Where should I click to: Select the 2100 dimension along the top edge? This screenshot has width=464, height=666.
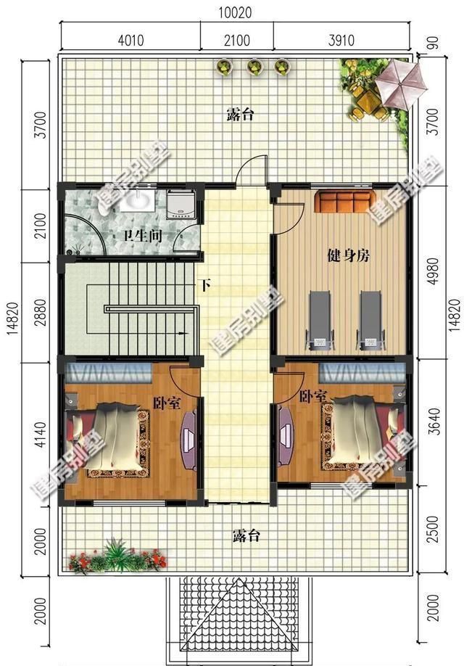237,39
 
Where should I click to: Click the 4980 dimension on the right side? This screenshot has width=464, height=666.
434,271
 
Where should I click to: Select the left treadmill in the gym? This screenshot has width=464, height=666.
320,318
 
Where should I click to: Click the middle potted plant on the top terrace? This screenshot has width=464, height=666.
254,67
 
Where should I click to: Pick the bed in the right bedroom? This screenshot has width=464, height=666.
358,432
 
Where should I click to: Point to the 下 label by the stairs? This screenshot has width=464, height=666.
205,285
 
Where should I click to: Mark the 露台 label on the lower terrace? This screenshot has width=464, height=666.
246,536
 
